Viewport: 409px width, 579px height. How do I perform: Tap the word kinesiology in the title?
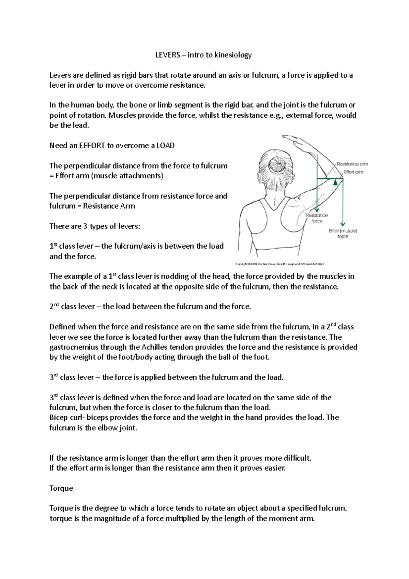233,55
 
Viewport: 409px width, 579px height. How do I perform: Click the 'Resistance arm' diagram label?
352,164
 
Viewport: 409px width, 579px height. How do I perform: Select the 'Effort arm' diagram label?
353,172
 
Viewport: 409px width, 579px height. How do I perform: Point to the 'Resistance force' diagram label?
317,218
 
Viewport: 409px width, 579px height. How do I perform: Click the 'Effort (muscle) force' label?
343,234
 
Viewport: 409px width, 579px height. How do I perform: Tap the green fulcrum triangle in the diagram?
335,182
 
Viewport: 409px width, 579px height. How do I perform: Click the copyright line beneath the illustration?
279,264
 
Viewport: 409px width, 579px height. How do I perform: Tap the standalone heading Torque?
61,488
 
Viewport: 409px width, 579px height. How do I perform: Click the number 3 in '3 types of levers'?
85,226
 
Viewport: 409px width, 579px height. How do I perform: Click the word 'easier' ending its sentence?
275,468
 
